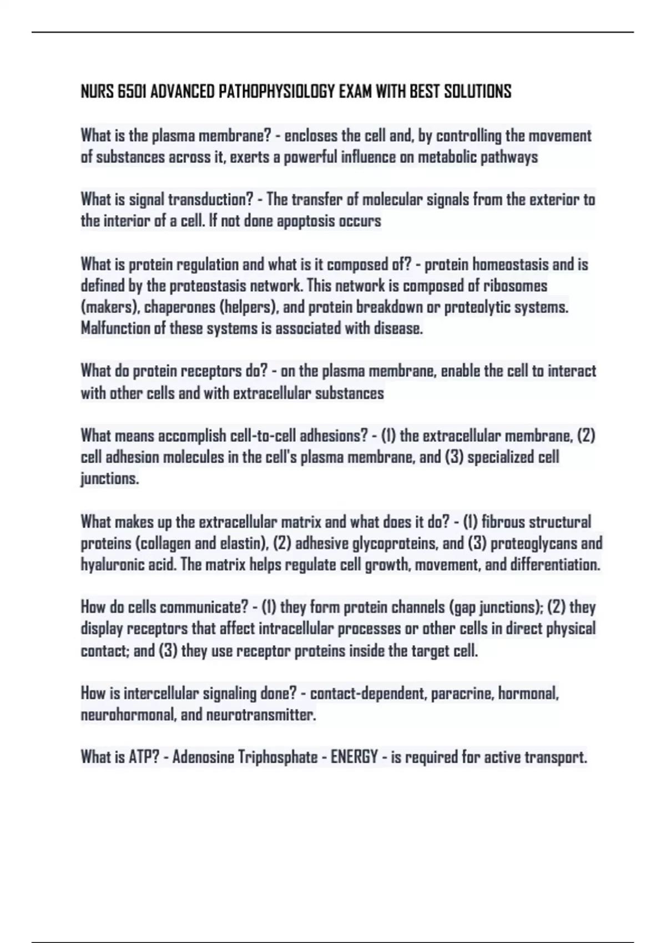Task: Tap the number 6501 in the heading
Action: pyautogui.click(x=132, y=92)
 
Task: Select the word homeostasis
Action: pyautogui.click(x=510, y=265)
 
